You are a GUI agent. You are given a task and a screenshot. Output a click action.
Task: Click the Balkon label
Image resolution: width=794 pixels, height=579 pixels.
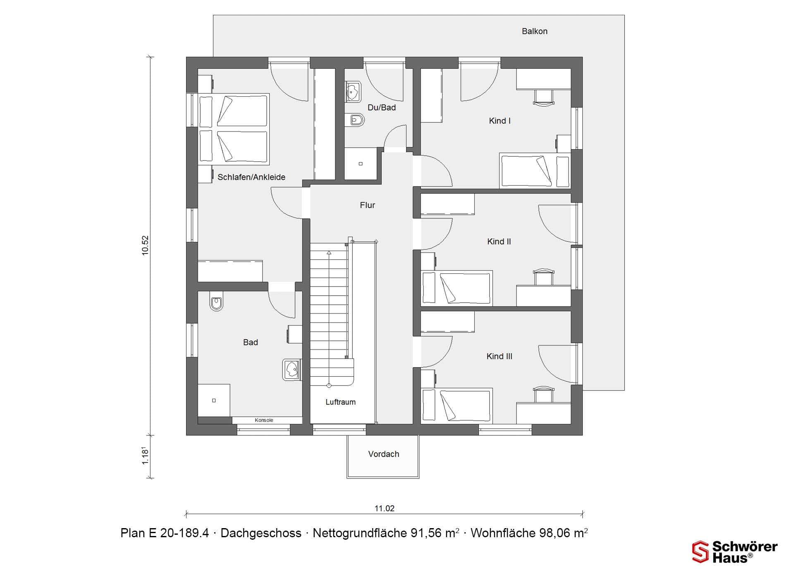tap(534, 31)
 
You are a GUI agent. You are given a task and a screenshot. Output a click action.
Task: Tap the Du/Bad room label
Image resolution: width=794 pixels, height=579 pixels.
tap(382, 108)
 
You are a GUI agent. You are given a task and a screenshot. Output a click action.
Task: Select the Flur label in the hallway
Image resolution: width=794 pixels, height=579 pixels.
tap(367, 205)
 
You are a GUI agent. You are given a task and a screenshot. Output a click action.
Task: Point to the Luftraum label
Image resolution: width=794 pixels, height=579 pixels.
tap(340, 402)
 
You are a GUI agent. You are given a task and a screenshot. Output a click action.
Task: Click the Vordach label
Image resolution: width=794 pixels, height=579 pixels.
tap(384, 454)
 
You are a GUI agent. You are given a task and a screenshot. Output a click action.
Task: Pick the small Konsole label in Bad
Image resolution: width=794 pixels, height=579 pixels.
tap(264, 420)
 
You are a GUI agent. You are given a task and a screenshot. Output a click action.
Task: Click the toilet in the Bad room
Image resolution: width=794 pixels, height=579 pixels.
tap(217, 303)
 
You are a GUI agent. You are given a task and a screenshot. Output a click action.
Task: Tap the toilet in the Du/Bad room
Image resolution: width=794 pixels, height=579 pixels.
tap(356, 120)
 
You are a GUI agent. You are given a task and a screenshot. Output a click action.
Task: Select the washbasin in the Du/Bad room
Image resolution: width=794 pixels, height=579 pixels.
tap(353, 91)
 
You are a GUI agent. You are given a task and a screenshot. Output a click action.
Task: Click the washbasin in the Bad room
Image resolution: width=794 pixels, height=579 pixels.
tap(292, 370)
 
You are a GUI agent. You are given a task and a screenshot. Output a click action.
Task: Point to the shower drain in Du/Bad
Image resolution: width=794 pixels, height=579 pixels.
tap(361, 164)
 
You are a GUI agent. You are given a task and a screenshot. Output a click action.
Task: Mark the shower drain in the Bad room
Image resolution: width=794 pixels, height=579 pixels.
tap(214, 400)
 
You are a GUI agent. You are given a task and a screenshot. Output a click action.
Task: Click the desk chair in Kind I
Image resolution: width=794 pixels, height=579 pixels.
tap(543, 98)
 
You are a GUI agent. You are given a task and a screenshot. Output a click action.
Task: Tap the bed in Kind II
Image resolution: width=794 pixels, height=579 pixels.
tap(457, 288)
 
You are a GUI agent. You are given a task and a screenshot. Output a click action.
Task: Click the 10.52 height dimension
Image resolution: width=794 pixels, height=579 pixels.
tap(145, 246)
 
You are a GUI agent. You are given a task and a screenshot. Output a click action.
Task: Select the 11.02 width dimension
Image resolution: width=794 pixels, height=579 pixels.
tap(385, 509)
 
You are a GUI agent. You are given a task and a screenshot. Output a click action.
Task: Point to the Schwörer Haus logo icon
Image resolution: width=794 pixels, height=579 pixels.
tap(701, 552)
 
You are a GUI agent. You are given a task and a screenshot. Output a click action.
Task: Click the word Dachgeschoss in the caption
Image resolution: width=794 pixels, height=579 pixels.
tap(261, 533)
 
